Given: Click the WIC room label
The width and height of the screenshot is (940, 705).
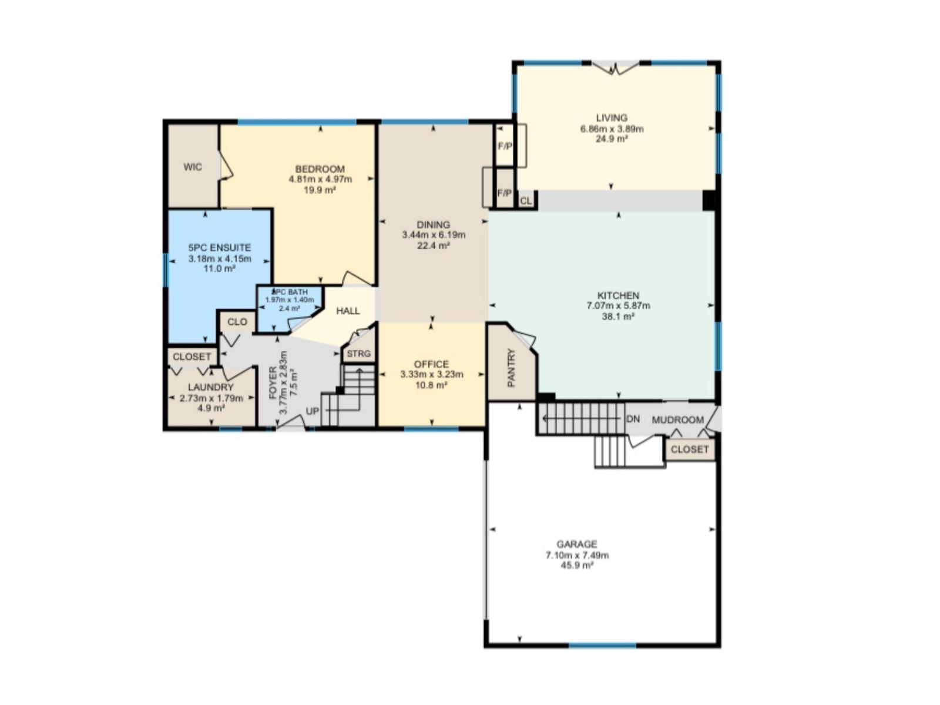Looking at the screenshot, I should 193,167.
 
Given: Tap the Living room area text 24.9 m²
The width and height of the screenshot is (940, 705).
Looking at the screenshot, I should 612,139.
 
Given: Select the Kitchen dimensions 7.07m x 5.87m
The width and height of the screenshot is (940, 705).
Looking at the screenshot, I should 618,306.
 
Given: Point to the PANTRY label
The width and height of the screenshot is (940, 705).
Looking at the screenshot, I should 511,368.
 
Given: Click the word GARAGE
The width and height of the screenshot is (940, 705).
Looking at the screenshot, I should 577,545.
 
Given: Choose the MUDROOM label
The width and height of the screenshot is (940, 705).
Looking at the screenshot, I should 677,420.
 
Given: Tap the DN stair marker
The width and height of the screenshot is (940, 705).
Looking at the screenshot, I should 633,419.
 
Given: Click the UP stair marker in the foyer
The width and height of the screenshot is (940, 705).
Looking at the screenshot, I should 312,411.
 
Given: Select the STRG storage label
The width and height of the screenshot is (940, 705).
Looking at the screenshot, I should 358,354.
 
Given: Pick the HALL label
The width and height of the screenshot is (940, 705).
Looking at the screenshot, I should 348,311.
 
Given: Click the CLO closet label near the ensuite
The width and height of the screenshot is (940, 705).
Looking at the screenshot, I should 237,322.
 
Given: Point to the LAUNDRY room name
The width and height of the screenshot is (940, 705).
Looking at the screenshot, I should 211,387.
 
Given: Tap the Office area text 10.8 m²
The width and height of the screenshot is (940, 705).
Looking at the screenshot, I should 431,385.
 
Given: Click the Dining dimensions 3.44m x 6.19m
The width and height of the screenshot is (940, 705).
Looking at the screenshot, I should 434,235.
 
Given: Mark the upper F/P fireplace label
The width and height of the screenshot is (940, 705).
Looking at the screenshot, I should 505,146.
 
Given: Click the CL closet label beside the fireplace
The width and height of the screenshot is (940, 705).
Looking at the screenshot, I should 526,201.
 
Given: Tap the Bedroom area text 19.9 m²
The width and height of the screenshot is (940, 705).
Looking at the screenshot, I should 320,190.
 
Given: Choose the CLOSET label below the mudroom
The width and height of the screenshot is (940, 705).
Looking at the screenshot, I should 690,449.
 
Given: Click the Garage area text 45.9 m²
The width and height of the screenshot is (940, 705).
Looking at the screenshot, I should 577,566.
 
